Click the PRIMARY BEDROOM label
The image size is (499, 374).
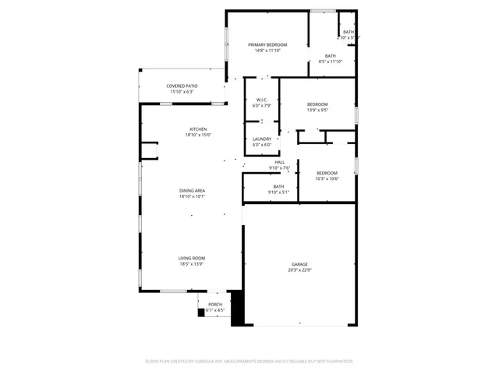coord(267,44)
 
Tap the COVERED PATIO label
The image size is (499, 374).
coord(182,86)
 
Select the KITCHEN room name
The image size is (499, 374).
coord(198,129)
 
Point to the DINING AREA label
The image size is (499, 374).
coord(193,190)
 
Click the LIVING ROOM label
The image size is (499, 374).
coord(192,258)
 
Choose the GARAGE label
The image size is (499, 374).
coord(299,264)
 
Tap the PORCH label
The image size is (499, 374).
coord(215,304)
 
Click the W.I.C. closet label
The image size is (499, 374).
coord(261,100)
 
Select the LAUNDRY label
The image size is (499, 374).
coord(261,139)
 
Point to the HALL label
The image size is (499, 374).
coord(279,162)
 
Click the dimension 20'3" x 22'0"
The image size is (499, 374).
coord(299,270)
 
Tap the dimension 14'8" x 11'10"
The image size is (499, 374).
coord(267,51)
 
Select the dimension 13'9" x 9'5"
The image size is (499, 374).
coord(317,110)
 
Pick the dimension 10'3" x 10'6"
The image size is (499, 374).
coord(327,178)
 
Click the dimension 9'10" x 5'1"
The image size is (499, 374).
coord(278,192)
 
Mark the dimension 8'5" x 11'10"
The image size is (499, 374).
coord(331,62)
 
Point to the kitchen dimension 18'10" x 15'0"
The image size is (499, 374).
coord(198,135)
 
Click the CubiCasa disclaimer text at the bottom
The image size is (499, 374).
coord(249,362)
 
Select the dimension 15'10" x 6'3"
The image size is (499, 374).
coord(182,92)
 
